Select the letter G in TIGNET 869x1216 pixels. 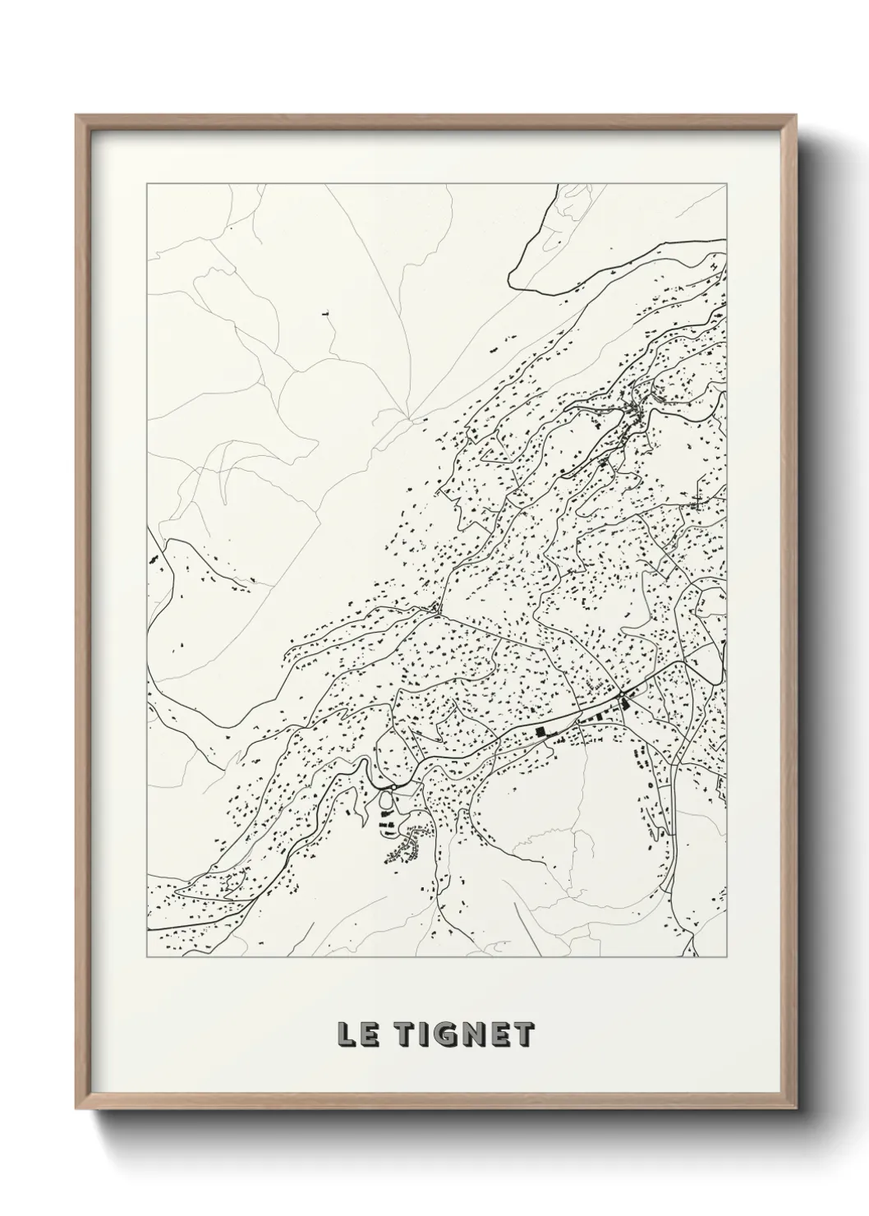(x=443, y=1035)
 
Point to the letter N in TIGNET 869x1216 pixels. (x=471, y=1035)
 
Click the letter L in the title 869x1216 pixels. (x=345, y=1035)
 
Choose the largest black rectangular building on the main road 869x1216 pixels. (x=540, y=730)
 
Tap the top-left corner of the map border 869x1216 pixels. (x=146, y=184)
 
